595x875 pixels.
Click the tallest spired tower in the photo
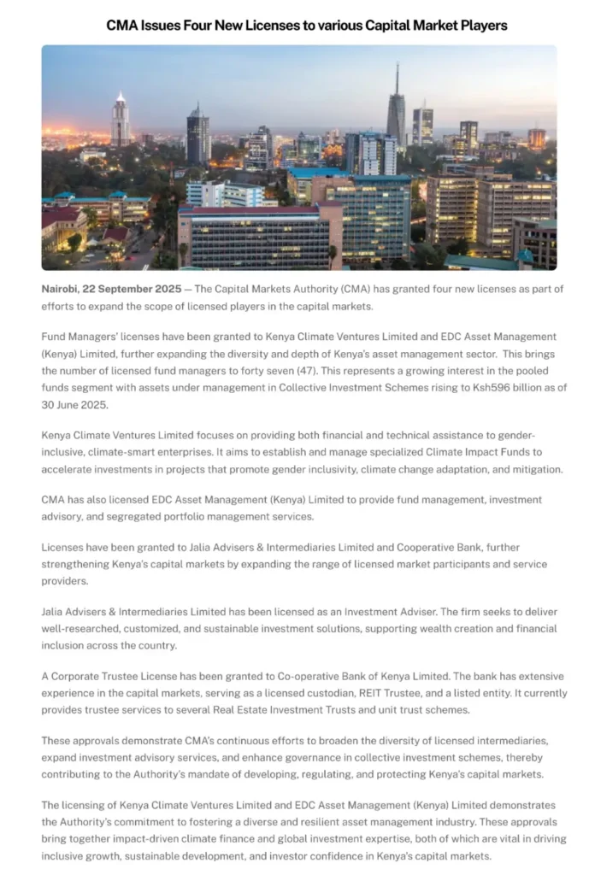(396, 107)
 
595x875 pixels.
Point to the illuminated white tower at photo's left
(121, 120)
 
